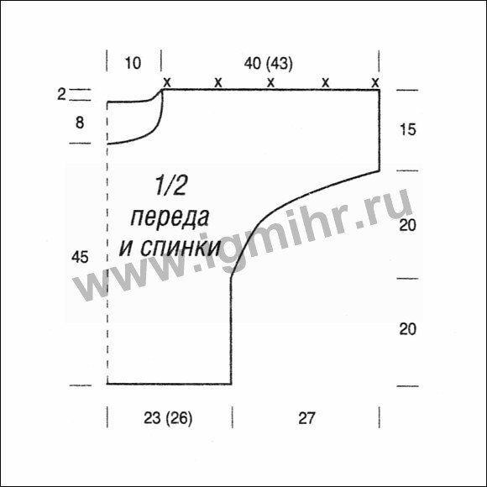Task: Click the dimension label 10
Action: [133, 63]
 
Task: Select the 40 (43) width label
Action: [269, 64]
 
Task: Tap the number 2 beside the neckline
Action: [61, 94]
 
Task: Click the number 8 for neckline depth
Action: [80, 123]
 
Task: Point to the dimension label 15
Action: [407, 129]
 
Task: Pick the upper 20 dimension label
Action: [407, 225]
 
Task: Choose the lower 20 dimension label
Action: [407, 329]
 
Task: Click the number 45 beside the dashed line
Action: [80, 257]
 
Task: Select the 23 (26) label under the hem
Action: [168, 418]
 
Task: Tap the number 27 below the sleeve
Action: [306, 418]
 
